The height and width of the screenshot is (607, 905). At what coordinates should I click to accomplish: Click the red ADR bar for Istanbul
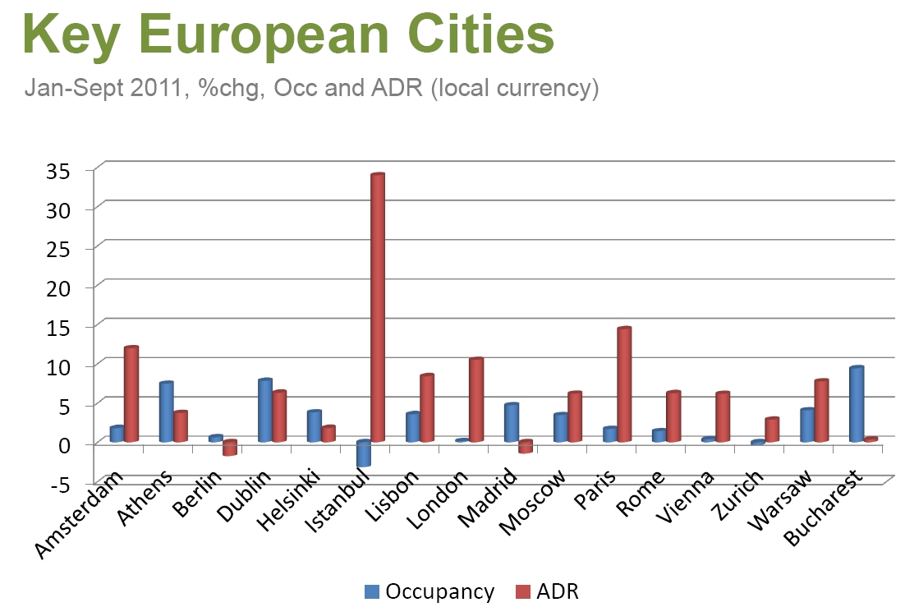378,308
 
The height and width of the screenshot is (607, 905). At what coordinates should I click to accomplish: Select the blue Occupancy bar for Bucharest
856,404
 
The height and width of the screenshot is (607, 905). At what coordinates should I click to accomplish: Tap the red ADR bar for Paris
624,384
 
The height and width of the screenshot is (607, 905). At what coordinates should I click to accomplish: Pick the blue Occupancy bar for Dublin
264,410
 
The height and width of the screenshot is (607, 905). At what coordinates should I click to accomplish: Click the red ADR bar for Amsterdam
131,394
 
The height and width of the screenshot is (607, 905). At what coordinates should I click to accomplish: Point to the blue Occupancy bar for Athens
166,412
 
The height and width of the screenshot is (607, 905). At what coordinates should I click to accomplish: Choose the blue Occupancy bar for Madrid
511,422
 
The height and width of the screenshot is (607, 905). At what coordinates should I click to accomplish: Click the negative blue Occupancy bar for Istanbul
363,453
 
